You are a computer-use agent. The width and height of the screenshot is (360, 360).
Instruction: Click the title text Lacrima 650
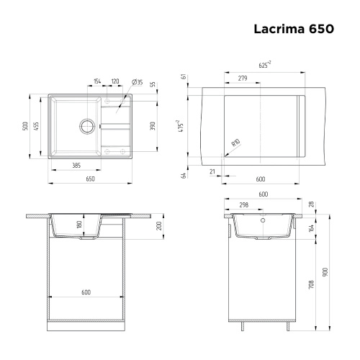click(293, 30)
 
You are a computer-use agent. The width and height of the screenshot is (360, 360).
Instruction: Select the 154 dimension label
click(96, 81)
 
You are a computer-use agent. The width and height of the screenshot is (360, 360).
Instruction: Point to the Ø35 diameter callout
click(137, 82)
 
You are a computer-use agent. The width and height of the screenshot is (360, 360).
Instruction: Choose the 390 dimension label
click(152, 125)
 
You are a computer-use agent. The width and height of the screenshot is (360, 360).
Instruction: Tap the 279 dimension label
click(242, 78)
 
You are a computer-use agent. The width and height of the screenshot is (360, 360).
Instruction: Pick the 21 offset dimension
click(212, 170)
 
